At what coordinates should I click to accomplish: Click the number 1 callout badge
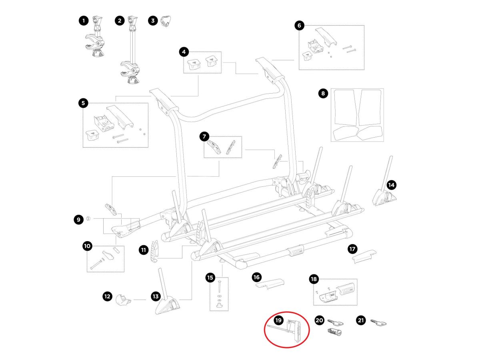[x=83, y=21]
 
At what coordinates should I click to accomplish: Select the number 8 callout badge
[x=323, y=94]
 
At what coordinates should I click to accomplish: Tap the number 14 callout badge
[x=391, y=185]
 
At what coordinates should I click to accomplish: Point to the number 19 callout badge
[x=278, y=320]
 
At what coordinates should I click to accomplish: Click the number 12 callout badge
[x=107, y=296]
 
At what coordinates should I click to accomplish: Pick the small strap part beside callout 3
[x=165, y=21]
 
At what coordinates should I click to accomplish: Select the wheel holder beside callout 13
[x=168, y=298]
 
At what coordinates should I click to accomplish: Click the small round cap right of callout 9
[x=89, y=219]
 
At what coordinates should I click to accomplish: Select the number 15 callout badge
[x=210, y=277]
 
